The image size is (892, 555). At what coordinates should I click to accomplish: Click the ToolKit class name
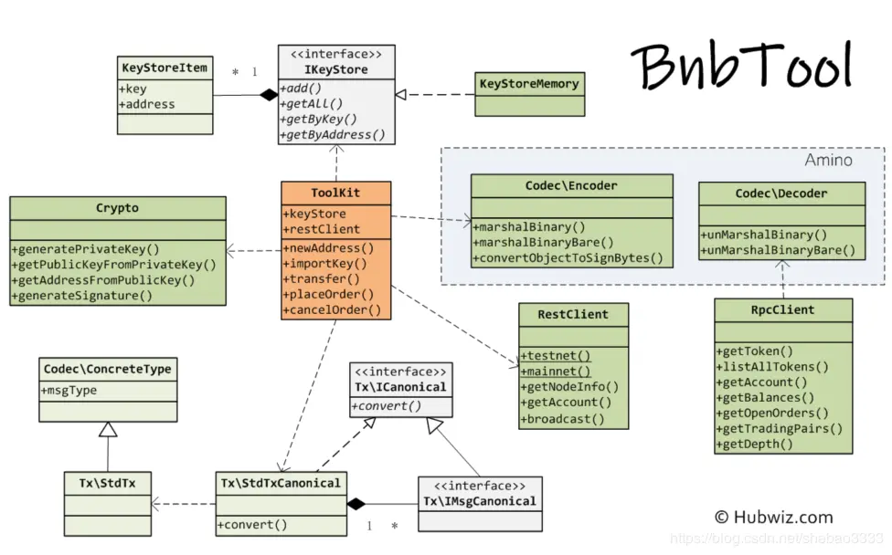[x=335, y=193]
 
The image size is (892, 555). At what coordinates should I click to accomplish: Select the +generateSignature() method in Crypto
[x=82, y=296]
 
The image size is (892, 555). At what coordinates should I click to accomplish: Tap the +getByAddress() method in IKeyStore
[x=333, y=134]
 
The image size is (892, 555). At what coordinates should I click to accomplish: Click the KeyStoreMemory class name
[x=529, y=83]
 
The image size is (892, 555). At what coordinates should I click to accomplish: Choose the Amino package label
[x=828, y=160]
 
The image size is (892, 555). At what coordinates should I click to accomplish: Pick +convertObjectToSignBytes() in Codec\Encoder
[x=568, y=258]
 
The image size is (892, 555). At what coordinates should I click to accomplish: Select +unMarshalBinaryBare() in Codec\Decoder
[x=778, y=250]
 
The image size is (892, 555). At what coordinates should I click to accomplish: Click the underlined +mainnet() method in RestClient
[x=556, y=372]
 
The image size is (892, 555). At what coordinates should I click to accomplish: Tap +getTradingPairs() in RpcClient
[x=780, y=428]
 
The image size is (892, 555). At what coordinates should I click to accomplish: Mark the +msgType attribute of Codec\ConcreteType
[x=69, y=391]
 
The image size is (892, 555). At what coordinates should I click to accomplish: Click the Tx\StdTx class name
[x=108, y=483]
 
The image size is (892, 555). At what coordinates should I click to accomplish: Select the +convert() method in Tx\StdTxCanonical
[x=252, y=524]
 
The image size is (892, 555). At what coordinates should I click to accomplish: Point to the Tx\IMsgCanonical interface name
[x=480, y=501]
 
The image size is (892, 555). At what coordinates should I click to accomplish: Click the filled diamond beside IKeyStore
[x=269, y=95]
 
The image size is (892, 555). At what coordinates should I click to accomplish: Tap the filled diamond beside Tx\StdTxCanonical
[x=356, y=504]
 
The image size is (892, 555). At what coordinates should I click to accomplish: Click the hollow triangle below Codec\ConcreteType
[x=108, y=429]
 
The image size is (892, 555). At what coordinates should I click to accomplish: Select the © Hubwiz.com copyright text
[x=774, y=517]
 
